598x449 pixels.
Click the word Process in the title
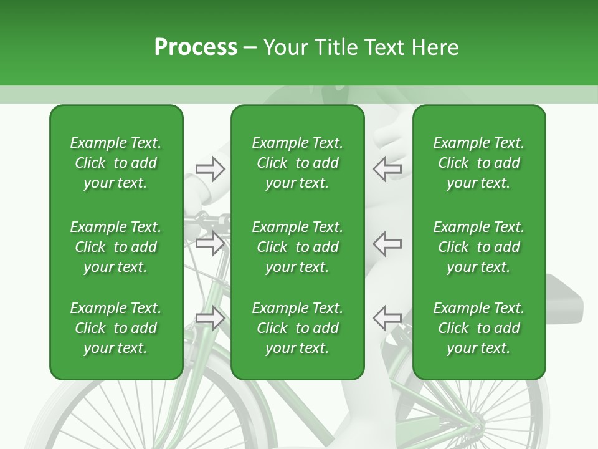(x=196, y=47)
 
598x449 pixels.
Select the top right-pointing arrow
(x=210, y=169)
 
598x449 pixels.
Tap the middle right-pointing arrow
(x=210, y=243)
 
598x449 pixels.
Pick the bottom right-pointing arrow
(x=210, y=318)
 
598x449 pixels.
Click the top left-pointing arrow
(x=387, y=169)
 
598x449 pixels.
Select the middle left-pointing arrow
(x=387, y=243)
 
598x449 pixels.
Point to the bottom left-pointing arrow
(x=387, y=318)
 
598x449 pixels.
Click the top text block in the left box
(x=116, y=163)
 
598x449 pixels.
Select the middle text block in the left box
(x=116, y=247)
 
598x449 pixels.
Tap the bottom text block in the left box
(x=116, y=328)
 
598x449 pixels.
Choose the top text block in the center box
(x=297, y=163)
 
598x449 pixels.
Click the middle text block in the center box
(x=297, y=247)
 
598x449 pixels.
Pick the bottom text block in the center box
(x=297, y=328)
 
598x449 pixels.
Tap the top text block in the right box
(x=478, y=163)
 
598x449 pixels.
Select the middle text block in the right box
(x=478, y=247)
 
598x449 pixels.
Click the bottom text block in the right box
(x=478, y=328)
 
